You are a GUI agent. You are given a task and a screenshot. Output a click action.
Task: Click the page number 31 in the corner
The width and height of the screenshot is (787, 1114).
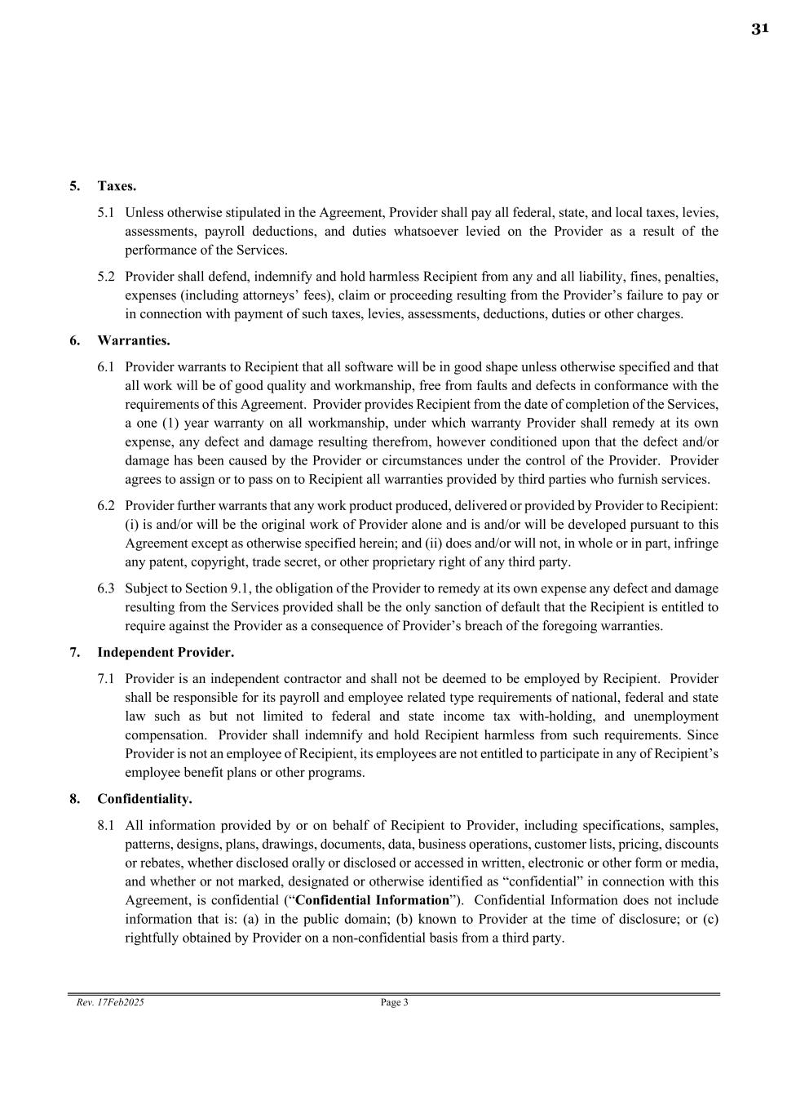[759, 29]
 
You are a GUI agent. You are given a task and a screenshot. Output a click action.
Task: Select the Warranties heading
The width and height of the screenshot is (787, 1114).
[134, 340]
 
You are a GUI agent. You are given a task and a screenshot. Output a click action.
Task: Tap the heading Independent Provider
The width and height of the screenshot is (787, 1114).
[166, 652]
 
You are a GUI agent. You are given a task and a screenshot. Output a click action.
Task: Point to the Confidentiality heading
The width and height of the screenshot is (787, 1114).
[144, 798]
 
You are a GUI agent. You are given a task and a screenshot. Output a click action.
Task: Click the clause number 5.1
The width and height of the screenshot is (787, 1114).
[106, 213]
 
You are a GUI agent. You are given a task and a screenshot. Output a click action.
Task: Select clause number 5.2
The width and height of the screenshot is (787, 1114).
[106, 277]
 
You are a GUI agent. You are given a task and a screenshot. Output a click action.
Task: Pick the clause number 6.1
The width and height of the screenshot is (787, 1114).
[106, 367]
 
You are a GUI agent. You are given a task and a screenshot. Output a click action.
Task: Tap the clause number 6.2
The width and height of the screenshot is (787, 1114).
[106, 506]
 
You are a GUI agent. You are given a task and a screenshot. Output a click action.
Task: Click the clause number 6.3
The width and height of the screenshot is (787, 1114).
[106, 588]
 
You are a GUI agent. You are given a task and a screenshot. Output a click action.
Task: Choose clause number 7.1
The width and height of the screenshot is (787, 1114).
[106, 679]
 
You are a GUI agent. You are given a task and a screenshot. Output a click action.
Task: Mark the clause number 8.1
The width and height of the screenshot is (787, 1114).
[106, 825]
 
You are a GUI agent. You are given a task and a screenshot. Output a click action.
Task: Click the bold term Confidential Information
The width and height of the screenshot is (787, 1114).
[372, 900]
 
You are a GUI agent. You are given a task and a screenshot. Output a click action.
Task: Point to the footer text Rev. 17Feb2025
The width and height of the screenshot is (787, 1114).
[110, 1002]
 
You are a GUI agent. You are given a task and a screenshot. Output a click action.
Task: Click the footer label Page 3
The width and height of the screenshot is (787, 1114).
[394, 1002]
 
